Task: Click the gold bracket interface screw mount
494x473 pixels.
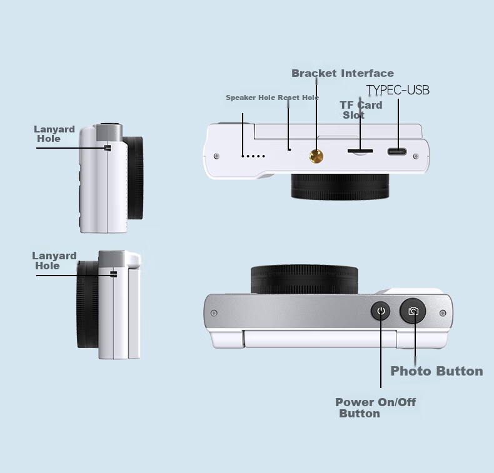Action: point(316,156)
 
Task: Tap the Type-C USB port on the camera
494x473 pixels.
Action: point(397,152)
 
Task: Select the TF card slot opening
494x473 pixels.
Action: point(360,151)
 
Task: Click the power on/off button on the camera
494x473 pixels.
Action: point(381,311)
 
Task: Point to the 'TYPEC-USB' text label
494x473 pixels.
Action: point(398,91)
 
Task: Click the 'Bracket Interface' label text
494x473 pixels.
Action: point(343,73)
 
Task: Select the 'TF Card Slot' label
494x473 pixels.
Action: point(361,110)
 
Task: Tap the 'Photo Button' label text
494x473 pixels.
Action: point(436,371)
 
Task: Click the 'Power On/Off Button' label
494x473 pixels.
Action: point(375,407)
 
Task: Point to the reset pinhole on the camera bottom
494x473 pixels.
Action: point(290,150)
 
